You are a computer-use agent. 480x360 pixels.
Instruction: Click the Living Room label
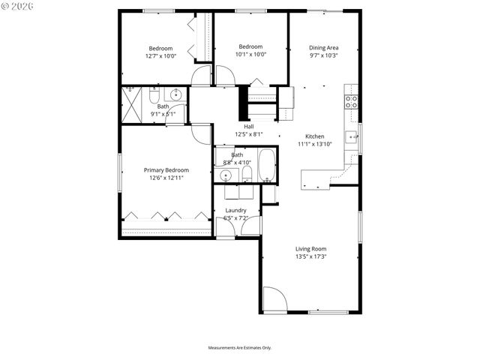coord(310,248)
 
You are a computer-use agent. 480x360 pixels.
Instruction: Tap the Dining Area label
coord(324,47)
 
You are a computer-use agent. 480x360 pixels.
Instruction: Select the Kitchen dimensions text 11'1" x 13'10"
coord(313,144)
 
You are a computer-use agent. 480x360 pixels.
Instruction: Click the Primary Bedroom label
coord(166,170)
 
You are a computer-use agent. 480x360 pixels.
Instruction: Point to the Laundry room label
coord(235,211)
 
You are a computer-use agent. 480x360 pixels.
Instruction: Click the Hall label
coord(247,127)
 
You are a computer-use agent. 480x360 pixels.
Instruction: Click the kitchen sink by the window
coord(350,136)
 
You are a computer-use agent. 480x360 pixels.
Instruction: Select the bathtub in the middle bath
coord(266,166)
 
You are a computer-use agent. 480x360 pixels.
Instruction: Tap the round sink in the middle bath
coord(225,175)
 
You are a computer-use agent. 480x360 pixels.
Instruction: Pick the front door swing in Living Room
coord(274,300)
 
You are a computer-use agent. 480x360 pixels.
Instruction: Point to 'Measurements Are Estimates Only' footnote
coord(239,348)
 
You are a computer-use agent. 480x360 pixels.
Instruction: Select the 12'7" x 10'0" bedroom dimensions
coord(160,55)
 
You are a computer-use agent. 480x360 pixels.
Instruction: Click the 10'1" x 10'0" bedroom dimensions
coord(251,53)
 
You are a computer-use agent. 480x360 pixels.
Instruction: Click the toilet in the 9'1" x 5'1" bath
coord(153,97)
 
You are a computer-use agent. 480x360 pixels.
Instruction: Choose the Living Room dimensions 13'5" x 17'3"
coord(310,256)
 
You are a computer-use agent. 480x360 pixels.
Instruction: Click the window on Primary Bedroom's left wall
coord(121,173)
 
